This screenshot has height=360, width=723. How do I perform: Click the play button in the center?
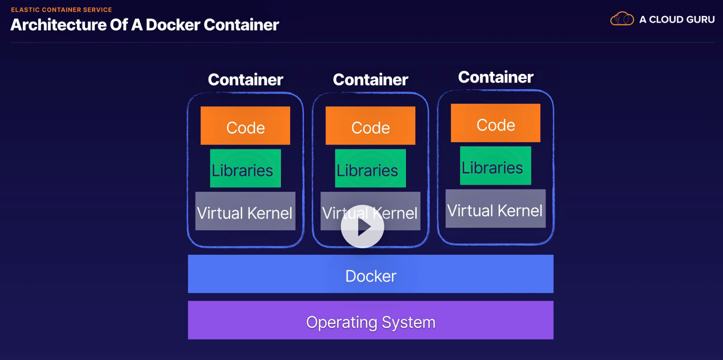(362, 227)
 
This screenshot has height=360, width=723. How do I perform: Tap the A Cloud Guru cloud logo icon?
(622, 19)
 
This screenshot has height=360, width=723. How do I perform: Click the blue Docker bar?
(371, 274)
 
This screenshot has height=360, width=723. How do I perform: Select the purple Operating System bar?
(371, 320)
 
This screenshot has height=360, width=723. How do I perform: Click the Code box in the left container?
(245, 126)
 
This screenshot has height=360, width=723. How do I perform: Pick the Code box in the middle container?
(370, 126)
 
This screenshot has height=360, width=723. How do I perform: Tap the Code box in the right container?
(495, 123)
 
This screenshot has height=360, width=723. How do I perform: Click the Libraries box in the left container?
(245, 169)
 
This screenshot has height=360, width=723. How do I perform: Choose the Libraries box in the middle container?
(370, 169)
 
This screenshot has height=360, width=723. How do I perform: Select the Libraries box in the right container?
(495, 166)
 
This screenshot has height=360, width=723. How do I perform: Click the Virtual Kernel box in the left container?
(245, 211)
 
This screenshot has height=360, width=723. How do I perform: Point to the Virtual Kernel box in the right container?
(495, 209)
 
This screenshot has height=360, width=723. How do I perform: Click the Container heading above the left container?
(245, 80)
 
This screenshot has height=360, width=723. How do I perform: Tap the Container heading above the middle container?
(370, 80)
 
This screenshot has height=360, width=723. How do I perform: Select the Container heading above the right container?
(495, 77)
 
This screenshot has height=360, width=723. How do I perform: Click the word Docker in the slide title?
(173, 25)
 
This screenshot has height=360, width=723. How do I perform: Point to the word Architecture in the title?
(58, 25)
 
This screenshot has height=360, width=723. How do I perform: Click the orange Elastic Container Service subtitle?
(61, 10)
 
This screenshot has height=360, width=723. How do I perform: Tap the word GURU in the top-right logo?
(699, 20)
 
